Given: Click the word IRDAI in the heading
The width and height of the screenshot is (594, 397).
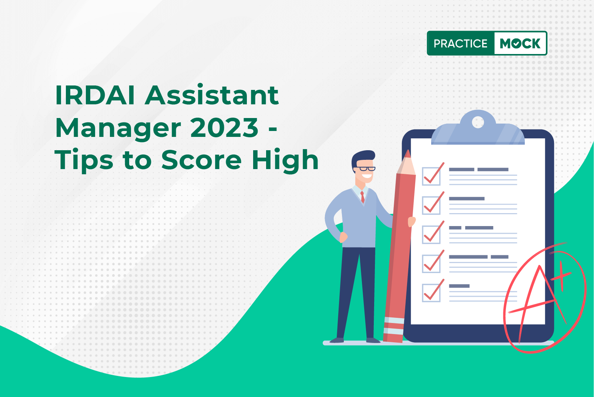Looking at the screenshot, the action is tap(95, 95).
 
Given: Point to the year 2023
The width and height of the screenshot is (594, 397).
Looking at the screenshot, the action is tap(224, 128).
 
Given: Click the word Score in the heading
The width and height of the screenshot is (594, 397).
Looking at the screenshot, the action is tap(202, 160).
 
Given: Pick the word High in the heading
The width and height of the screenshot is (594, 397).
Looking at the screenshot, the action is tap(285, 160).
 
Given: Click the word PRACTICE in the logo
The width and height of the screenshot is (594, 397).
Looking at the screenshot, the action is tap(460, 43).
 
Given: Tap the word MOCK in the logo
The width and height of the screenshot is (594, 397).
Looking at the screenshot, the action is tap(520, 43).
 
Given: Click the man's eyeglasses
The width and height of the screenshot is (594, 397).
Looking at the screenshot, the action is tap(365, 169).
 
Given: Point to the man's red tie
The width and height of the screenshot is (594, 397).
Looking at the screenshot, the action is tap(362, 196).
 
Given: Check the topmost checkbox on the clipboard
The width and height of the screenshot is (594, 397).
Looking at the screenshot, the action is tap(431, 176).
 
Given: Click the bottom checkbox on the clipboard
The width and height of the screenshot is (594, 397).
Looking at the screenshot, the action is tap(431, 293).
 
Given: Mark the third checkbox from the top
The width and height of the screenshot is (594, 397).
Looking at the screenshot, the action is tap(431, 235).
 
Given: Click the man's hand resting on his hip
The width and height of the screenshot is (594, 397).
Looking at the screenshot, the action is tap(343, 237).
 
